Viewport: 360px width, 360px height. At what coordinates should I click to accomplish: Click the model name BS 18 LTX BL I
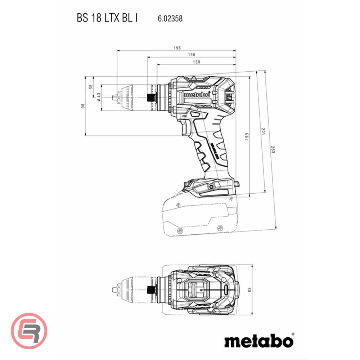(x=107, y=18)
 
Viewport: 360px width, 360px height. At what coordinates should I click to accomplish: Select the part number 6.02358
(x=170, y=18)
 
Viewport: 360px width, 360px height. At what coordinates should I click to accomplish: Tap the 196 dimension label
(x=176, y=48)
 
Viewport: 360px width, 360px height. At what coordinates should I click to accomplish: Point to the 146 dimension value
(x=192, y=55)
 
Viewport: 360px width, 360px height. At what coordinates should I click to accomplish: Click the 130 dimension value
(x=197, y=62)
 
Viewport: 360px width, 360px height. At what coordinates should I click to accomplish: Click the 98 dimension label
(x=83, y=106)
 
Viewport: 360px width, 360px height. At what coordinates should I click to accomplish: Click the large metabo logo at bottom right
(x=259, y=340)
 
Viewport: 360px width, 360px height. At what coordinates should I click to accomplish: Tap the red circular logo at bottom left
(x=29, y=330)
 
